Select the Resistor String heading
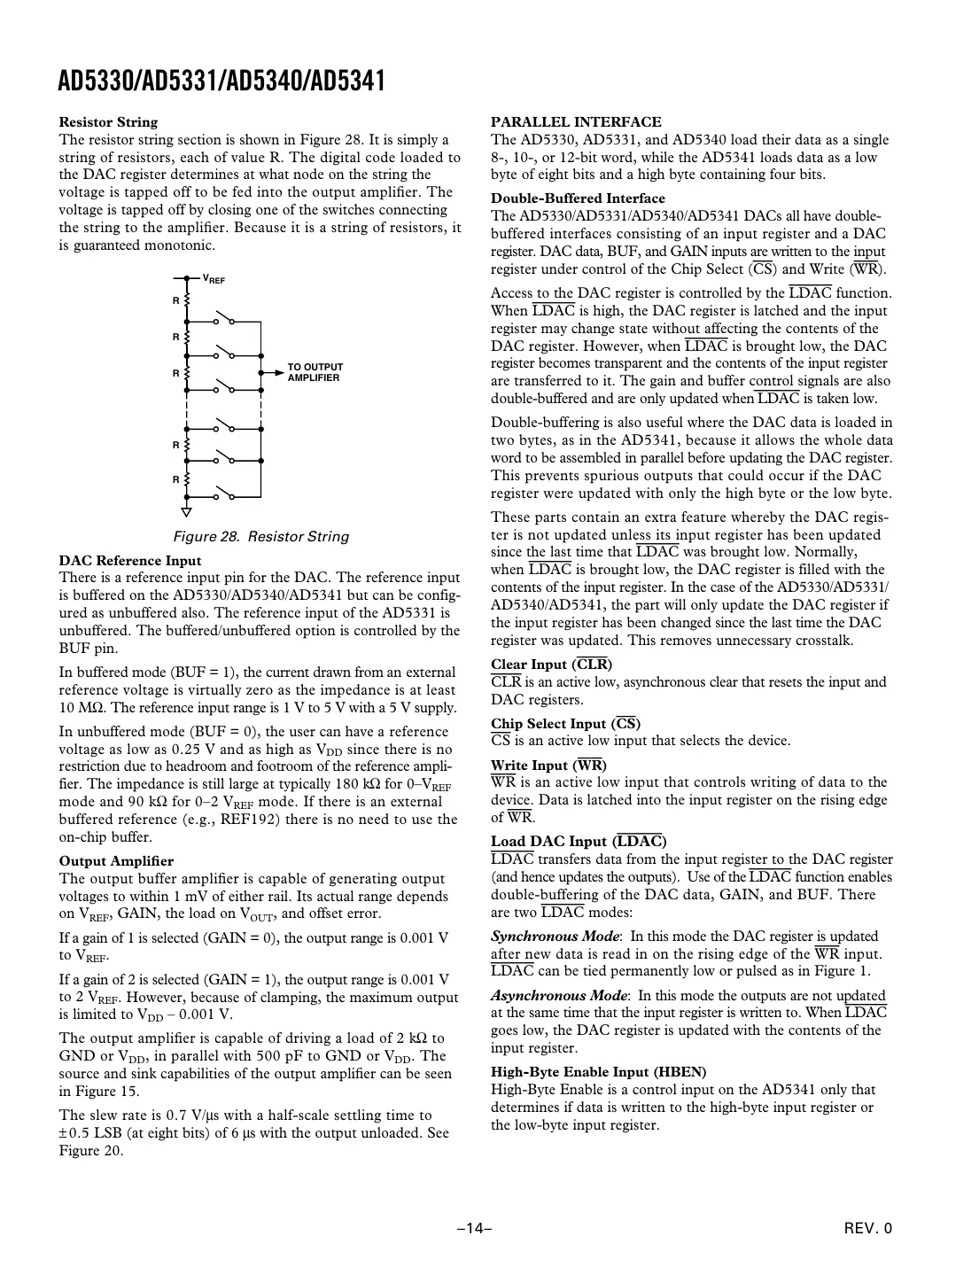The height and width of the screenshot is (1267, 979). point(108,122)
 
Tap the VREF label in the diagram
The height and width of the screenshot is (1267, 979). point(214,280)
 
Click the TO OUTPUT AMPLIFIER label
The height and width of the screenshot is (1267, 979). point(315,372)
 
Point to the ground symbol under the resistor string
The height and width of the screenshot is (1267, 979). point(187,511)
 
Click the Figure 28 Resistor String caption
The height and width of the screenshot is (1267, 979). point(260,537)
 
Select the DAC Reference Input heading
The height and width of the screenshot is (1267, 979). point(130,561)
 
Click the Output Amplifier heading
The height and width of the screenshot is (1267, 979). point(116,861)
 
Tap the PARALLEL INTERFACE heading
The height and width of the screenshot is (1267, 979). point(576,122)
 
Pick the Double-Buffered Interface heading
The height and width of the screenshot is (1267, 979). point(578,198)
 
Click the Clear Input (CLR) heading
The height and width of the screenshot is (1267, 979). point(551,665)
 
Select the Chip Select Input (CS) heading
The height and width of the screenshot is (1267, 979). point(565,724)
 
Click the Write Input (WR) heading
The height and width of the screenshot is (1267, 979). point(548,765)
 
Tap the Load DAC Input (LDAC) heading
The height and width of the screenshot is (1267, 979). point(579,842)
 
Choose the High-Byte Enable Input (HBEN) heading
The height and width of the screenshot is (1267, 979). point(598,1072)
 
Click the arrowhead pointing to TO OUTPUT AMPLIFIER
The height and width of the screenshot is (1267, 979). point(263,373)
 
